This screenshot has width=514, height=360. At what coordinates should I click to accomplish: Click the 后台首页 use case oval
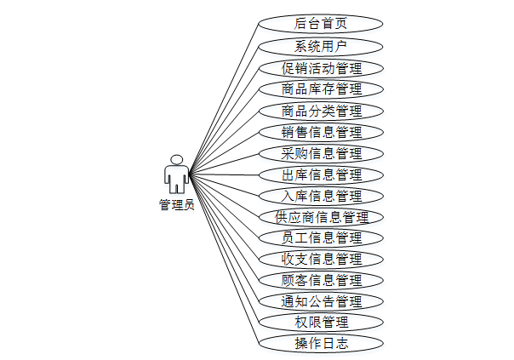(x=321, y=24)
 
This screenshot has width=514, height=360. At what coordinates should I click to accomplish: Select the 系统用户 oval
(x=321, y=46)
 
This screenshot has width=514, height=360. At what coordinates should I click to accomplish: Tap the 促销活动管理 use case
(x=321, y=68)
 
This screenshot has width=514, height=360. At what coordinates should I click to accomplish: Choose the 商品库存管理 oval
(x=321, y=89)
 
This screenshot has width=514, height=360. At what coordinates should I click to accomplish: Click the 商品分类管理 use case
(x=321, y=111)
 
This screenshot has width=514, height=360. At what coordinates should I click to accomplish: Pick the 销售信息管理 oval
(x=321, y=132)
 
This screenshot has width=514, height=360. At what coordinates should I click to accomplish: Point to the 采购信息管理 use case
(x=321, y=153)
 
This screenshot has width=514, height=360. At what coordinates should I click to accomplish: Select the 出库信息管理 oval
(x=321, y=174)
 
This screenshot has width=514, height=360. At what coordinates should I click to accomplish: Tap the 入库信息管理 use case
(x=321, y=196)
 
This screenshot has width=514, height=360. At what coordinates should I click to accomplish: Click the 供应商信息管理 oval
(x=321, y=217)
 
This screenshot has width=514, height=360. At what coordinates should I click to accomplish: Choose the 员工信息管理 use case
(x=321, y=237)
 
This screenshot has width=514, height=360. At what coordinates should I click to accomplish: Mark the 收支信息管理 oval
(x=321, y=259)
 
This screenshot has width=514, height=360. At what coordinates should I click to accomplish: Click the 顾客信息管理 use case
(x=321, y=280)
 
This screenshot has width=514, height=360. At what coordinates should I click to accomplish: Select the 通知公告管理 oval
(x=321, y=301)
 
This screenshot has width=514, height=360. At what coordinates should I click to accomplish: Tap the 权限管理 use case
(x=321, y=322)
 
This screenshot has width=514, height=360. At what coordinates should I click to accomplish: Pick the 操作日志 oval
(x=321, y=344)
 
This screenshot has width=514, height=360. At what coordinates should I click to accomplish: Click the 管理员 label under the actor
(x=176, y=205)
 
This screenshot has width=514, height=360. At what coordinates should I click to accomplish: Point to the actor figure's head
(x=177, y=159)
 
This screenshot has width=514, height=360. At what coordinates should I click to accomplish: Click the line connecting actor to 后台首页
(x=223, y=100)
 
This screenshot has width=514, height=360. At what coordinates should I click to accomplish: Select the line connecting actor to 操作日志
(x=223, y=260)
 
